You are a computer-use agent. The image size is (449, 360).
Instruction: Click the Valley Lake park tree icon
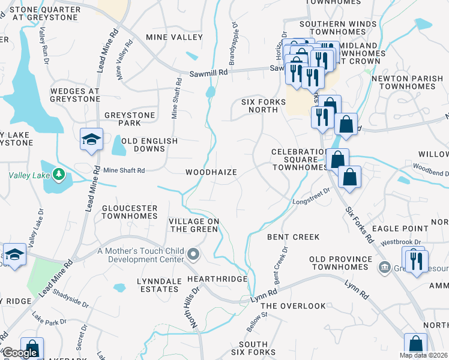58,175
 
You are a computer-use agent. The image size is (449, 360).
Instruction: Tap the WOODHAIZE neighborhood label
211,172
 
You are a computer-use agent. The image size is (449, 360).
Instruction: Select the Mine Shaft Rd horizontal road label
124,170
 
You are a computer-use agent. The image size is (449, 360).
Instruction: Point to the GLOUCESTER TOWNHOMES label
129,212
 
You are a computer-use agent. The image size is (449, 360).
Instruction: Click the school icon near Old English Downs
91,140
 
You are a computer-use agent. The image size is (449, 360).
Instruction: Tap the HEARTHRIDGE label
217,280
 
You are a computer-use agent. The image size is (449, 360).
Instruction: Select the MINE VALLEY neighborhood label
175,37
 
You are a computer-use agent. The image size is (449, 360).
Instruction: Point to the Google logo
20,353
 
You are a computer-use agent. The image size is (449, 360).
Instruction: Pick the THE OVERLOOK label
294,306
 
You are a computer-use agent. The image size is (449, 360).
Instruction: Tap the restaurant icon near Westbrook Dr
415,260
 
